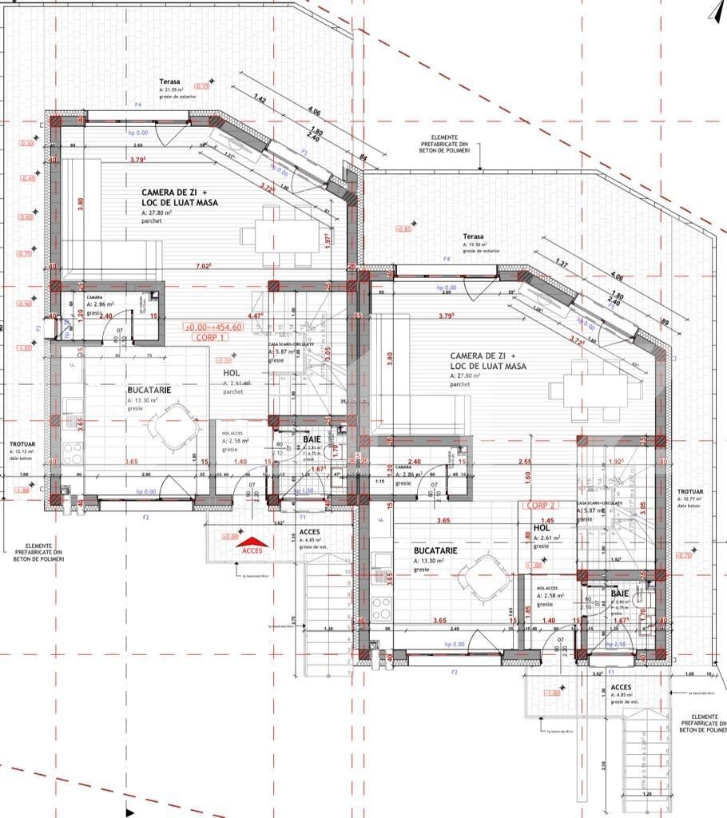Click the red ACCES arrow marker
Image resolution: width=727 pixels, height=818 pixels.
[x=253, y=546]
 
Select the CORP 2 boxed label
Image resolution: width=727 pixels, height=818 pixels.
[x=541, y=506]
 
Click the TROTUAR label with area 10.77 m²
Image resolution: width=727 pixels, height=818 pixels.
[x=690, y=492]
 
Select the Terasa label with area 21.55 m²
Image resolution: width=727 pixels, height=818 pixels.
[x=169, y=81]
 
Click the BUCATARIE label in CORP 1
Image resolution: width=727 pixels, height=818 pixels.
[x=147, y=391]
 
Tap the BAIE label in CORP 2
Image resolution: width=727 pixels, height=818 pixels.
[x=619, y=594]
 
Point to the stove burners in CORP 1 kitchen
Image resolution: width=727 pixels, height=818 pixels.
[x=73, y=453]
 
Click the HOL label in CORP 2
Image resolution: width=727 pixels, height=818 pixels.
[x=541, y=528]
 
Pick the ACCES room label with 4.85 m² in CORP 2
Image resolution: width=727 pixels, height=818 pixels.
[x=622, y=686]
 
